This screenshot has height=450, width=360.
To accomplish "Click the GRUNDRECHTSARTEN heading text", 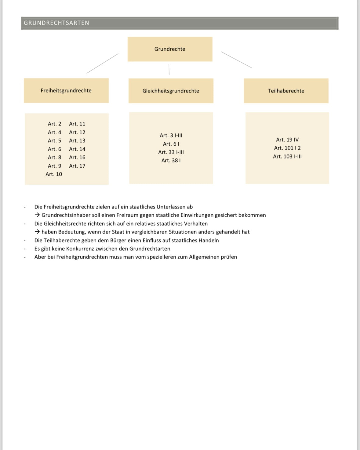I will coord(56,23).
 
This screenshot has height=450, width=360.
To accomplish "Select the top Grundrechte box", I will coord(170,49).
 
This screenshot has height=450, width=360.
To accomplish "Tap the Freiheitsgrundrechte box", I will coord(66,91).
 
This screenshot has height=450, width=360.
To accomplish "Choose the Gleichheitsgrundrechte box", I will coord(171,91).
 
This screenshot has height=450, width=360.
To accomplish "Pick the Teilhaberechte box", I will coord(286,91).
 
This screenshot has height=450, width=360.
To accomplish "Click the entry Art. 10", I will coord(54,174).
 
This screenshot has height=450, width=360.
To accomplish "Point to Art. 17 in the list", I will coord(77,166).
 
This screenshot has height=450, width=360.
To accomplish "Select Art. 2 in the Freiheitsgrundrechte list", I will coord(54,124).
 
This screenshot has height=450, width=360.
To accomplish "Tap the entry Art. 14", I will coord(77,149).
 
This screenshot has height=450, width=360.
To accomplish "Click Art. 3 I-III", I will coord(171,135).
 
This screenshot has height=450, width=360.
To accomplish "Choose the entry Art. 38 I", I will coord(171,161).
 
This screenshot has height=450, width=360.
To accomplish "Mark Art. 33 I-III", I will coord(171,152).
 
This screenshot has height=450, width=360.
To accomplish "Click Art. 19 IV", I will coord(287,140).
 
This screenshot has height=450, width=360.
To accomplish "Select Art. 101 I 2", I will coord(287,148).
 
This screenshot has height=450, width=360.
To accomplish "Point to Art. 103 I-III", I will coord(287,156).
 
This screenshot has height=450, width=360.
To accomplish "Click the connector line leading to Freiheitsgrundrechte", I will coord(102,64).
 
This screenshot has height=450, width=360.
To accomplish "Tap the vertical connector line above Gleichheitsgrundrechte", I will coord(169,69).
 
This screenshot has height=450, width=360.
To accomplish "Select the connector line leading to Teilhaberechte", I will coord(237,60).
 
